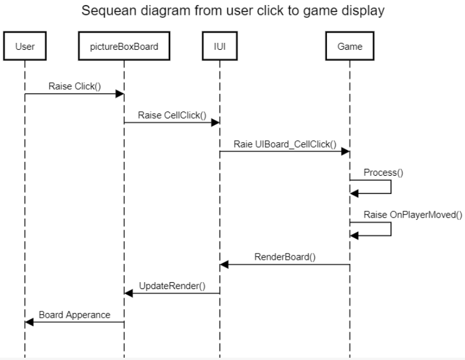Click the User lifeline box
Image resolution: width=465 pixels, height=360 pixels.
tap(25, 46)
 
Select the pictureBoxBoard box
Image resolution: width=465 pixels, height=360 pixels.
tap(124, 46)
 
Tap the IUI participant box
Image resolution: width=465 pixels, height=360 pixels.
tap(220, 46)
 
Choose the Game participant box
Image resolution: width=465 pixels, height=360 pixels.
tap(350, 46)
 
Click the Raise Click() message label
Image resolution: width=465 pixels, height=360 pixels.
tap(74, 86)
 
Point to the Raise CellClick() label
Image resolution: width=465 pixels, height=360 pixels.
tap(172, 115)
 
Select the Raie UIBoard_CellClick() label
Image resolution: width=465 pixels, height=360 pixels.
tap(285, 144)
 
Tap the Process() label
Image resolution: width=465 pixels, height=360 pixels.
tap(383, 172)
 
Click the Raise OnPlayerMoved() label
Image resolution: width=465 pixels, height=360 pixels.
tap(413, 215)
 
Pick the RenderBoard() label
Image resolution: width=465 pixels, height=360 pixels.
tap(285, 256)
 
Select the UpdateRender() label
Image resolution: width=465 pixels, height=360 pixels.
tap(172, 286)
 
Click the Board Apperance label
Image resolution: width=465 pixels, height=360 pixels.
tap(74, 315)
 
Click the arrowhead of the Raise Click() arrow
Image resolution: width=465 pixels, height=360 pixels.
tap(120, 94)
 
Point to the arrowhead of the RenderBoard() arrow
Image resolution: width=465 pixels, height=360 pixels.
tap(224, 264)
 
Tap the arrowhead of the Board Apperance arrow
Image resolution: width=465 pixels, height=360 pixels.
tap(29, 322)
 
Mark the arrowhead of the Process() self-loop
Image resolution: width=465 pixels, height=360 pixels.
tap(354, 194)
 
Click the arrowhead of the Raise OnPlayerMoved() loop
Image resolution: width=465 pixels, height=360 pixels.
tap(354, 236)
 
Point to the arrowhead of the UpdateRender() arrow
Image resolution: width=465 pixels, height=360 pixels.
tap(128, 294)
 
